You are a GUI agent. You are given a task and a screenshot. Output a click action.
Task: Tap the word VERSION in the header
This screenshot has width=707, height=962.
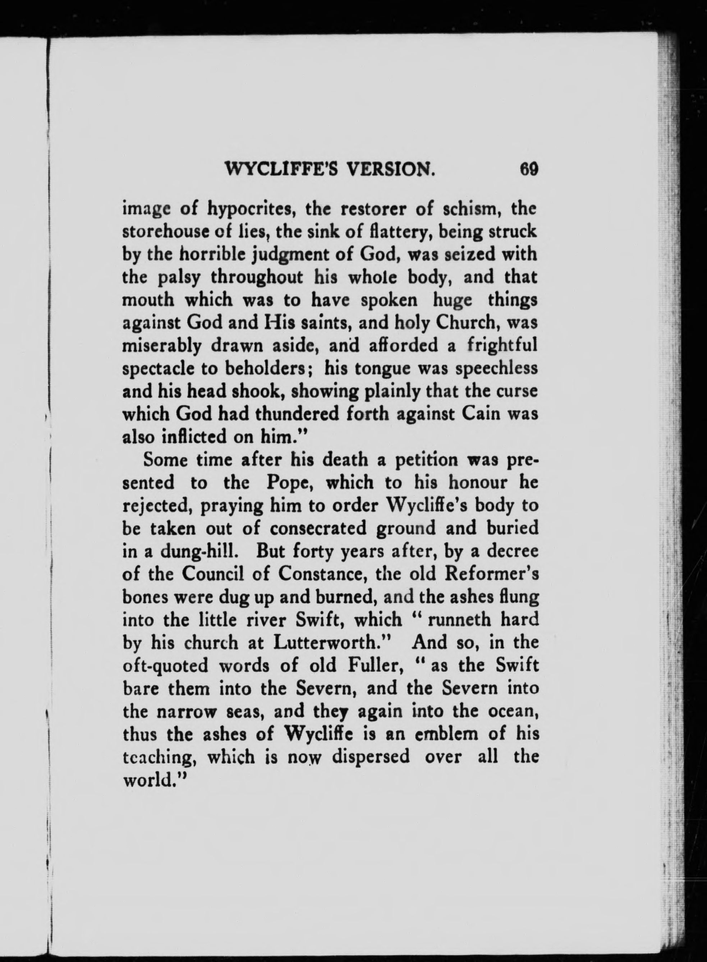tap(390, 170)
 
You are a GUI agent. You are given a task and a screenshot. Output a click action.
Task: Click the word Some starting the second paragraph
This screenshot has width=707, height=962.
tap(166, 460)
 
